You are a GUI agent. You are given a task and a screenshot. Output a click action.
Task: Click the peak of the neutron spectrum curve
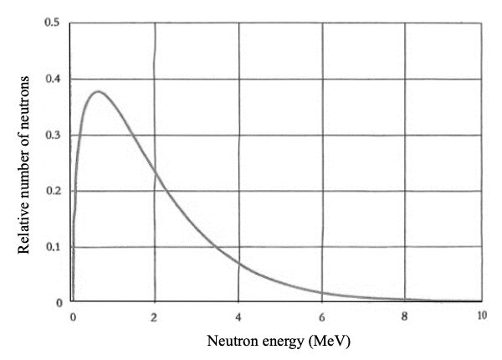click(100, 91)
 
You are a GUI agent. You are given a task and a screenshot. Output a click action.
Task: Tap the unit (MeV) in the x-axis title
click(328, 342)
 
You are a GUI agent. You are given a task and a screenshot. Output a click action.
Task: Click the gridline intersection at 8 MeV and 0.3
click(404, 135)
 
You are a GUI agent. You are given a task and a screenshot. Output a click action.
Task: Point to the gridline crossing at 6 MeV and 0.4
click(322, 79)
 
